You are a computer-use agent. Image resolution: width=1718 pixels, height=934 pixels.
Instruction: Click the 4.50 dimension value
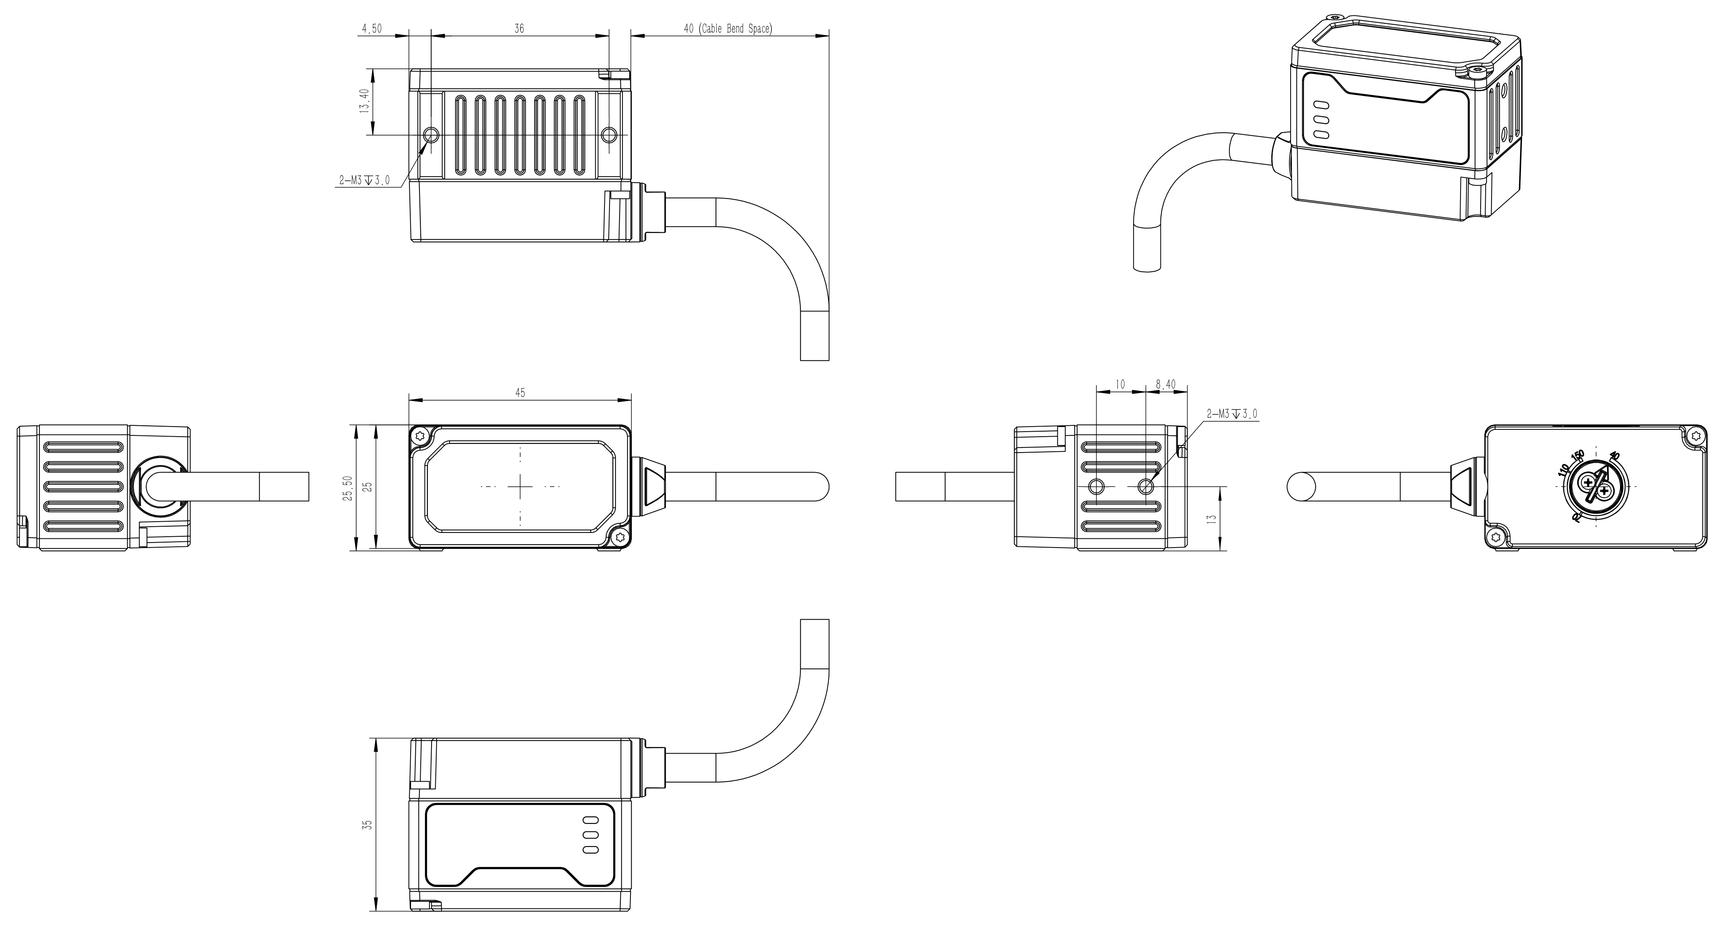pos(371,29)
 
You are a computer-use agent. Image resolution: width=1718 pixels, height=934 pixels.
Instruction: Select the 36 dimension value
pos(520,29)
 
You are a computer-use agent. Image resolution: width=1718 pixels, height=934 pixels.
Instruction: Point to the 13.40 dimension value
pos(364,101)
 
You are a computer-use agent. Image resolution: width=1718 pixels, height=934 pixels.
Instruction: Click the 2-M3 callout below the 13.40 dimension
pos(365,180)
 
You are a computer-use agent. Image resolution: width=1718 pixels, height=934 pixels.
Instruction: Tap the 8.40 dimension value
pos(1166,384)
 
